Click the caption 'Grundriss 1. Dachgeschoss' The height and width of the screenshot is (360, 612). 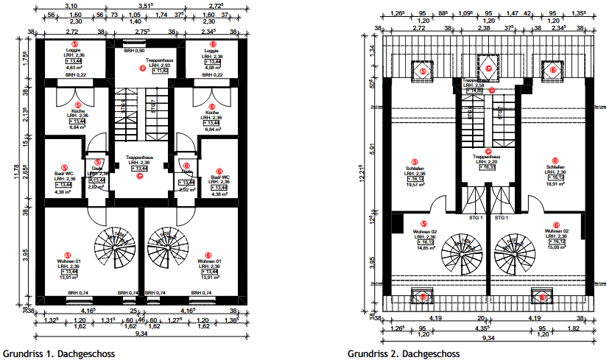click(x=58, y=353)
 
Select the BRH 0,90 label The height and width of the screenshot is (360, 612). click(x=134, y=50)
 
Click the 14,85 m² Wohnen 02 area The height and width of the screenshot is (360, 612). click(x=423, y=248)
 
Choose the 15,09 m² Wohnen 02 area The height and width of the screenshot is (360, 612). click(x=557, y=248)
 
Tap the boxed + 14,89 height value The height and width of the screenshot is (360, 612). click(x=474, y=91)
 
